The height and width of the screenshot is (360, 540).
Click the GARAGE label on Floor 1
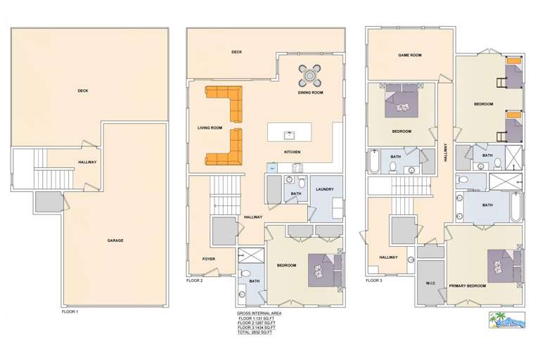click(115, 240)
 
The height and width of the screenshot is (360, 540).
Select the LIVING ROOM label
click(210, 128)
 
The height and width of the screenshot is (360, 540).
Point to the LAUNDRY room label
click(325, 189)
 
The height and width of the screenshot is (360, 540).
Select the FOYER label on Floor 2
click(208, 259)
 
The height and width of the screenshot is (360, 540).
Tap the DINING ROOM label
click(310, 93)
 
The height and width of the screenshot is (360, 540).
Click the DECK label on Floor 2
click(236, 52)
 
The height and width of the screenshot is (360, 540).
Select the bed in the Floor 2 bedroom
click(326, 267)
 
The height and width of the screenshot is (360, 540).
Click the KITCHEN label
click(292, 152)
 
